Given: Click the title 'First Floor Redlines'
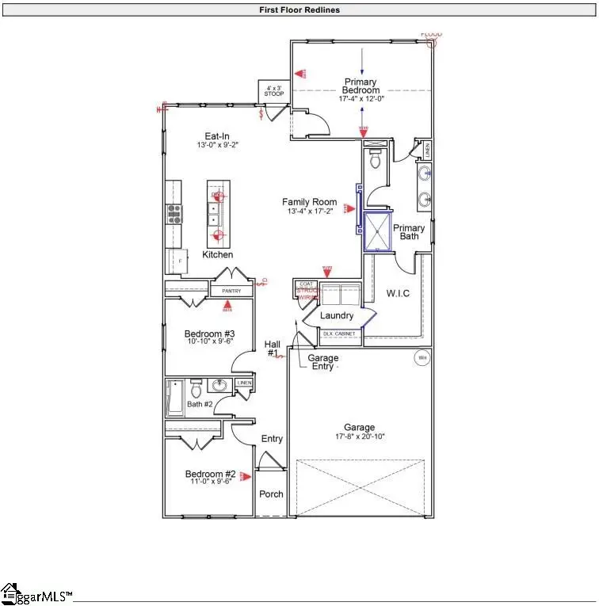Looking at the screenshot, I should [299, 10].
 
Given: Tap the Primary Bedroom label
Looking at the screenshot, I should [361, 86].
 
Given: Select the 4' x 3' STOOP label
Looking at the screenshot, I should [273, 91].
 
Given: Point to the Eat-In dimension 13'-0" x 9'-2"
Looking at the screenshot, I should [217, 146].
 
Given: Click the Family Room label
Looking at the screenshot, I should [310, 202].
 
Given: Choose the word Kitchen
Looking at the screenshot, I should [218, 255].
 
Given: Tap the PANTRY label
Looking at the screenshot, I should [231, 292].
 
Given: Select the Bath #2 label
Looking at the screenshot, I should [200, 405].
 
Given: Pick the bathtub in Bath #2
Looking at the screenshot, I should [174, 398].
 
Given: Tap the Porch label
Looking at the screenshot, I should [271, 494].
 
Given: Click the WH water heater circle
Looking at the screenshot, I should [422, 359].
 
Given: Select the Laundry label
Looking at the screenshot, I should [337, 315].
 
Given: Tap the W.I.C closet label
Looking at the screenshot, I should [398, 294].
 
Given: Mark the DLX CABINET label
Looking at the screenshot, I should [340, 334].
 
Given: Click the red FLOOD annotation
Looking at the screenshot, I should [431, 34].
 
